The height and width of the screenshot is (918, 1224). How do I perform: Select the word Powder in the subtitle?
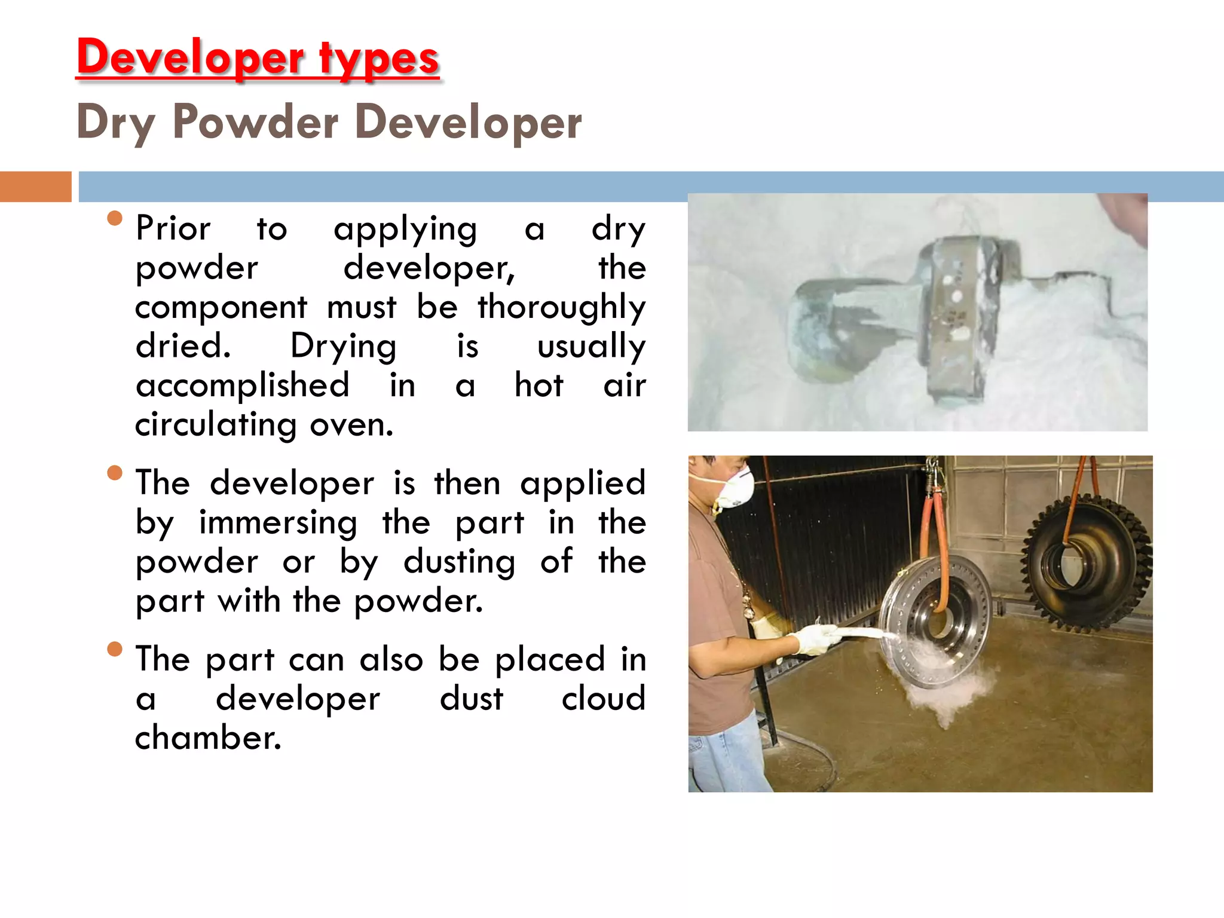(x=255, y=122)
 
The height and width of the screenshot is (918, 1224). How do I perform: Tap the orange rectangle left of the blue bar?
(x=35, y=186)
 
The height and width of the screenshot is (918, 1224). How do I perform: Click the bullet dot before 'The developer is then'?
(x=115, y=473)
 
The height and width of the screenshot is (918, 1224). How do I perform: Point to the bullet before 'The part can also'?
(x=115, y=649)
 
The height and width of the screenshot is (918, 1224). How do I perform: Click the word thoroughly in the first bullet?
(x=561, y=308)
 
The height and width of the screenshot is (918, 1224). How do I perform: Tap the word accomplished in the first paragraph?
(x=242, y=385)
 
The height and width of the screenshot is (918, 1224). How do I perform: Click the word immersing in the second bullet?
(x=278, y=523)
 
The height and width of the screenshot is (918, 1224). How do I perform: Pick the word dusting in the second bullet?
(x=459, y=562)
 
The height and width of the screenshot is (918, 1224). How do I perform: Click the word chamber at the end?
(x=207, y=738)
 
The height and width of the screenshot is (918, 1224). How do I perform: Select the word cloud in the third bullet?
(x=603, y=699)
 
